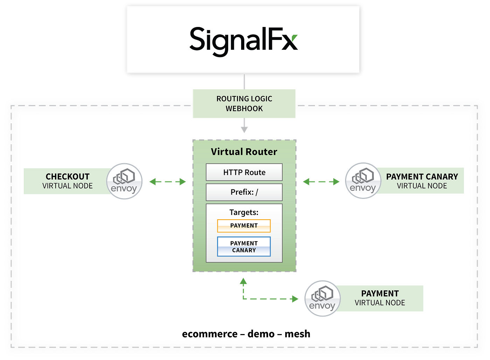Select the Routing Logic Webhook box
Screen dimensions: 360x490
[x=244, y=104]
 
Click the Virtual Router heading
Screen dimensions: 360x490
[x=244, y=152]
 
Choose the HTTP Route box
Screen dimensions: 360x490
[x=244, y=172]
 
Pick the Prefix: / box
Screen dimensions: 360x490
[x=244, y=192]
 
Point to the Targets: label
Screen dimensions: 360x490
[x=244, y=212]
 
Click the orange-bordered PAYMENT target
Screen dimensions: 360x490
[x=244, y=226]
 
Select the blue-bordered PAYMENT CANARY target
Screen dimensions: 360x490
[x=244, y=247]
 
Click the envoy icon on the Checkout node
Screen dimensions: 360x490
[x=125, y=181]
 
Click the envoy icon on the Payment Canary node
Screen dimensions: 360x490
[x=363, y=181]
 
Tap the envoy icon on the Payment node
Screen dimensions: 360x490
[x=322, y=298]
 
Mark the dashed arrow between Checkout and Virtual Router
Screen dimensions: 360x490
[x=167, y=181]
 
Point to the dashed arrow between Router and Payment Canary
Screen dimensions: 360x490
[x=321, y=181]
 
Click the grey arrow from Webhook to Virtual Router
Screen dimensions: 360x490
[x=244, y=126]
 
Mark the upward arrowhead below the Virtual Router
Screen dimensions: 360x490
[x=243, y=281]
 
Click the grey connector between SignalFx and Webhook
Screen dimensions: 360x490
[x=244, y=81]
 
